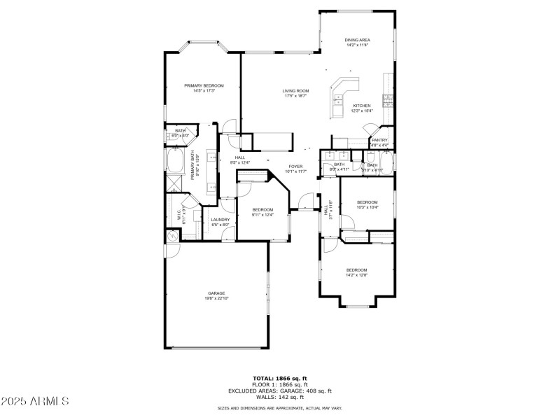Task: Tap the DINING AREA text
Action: pyautogui.click(x=357, y=40)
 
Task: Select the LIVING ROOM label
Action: pyautogui.click(x=295, y=90)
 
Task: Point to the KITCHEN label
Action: pyautogui.click(x=362, y=106)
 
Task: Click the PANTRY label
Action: pyautogui.click(x=379, y=140)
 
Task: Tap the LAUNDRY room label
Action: pyautogui.click(x=220, y=220)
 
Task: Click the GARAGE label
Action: pyautogui.click(x=216, y=293)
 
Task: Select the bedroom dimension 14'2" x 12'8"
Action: pyautogui.click(x=356, y=275)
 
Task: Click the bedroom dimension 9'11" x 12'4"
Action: pyautogui.click(x=262, y=215)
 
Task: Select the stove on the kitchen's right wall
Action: pyautogui.click(x=388, y=99)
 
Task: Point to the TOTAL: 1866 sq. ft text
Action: pyautogui.click(x=280, y=378)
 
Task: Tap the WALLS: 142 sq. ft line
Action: pyautogui.click(x=280, y=397)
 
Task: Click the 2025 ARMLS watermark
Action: pyautogui.click(x=35, y=401)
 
